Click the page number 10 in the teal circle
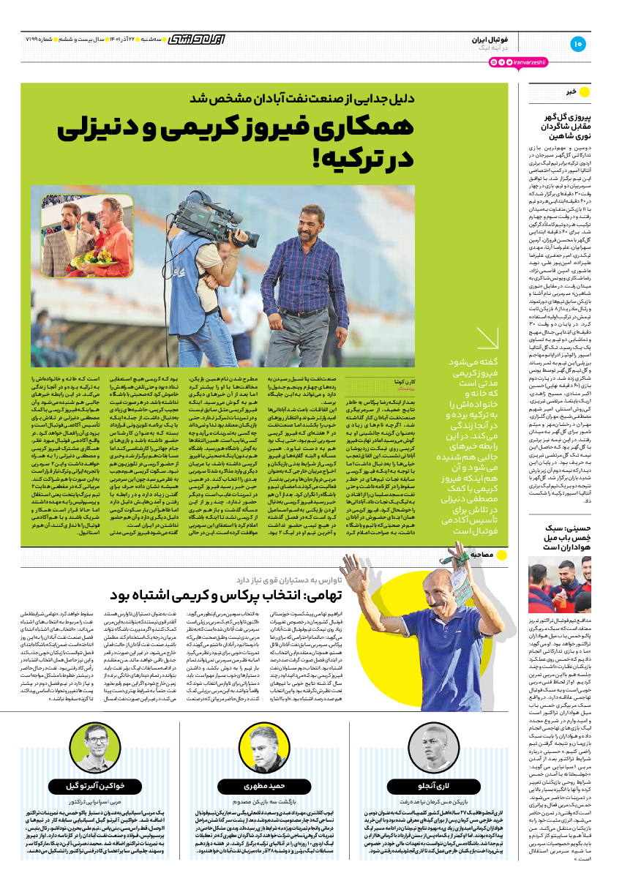[x=577, y=44]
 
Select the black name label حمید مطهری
[x=263, y=785]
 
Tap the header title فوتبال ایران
[x=484, y=38]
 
